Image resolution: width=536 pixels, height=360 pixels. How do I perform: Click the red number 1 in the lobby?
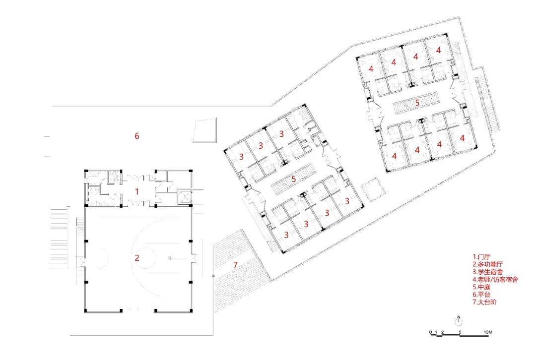[137, 191]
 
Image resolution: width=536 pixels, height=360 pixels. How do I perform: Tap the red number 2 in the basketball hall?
[137, 257]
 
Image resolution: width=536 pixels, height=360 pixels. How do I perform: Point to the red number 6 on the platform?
[137, 136]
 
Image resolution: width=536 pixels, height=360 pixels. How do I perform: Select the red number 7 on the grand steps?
[235, 264]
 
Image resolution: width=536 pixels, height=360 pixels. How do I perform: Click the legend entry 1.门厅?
[481, 256]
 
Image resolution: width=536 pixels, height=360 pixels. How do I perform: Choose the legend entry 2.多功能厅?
[488, 264]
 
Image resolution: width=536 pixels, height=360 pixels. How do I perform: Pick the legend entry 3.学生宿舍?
[488, 272]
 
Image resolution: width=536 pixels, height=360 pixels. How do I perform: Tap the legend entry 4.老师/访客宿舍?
[495, 279]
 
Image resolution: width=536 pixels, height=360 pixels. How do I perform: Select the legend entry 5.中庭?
[481, 287]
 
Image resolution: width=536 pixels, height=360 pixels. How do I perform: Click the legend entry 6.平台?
[481, 295]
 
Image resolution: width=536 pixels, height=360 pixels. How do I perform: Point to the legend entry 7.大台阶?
[485, 302]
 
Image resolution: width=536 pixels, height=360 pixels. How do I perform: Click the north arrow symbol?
[459, 320]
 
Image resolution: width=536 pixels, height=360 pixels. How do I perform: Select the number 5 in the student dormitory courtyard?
[294, 179]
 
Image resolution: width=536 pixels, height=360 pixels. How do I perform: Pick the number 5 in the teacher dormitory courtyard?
[417, 102]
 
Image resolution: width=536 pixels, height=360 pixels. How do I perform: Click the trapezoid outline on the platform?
[204, 130]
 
